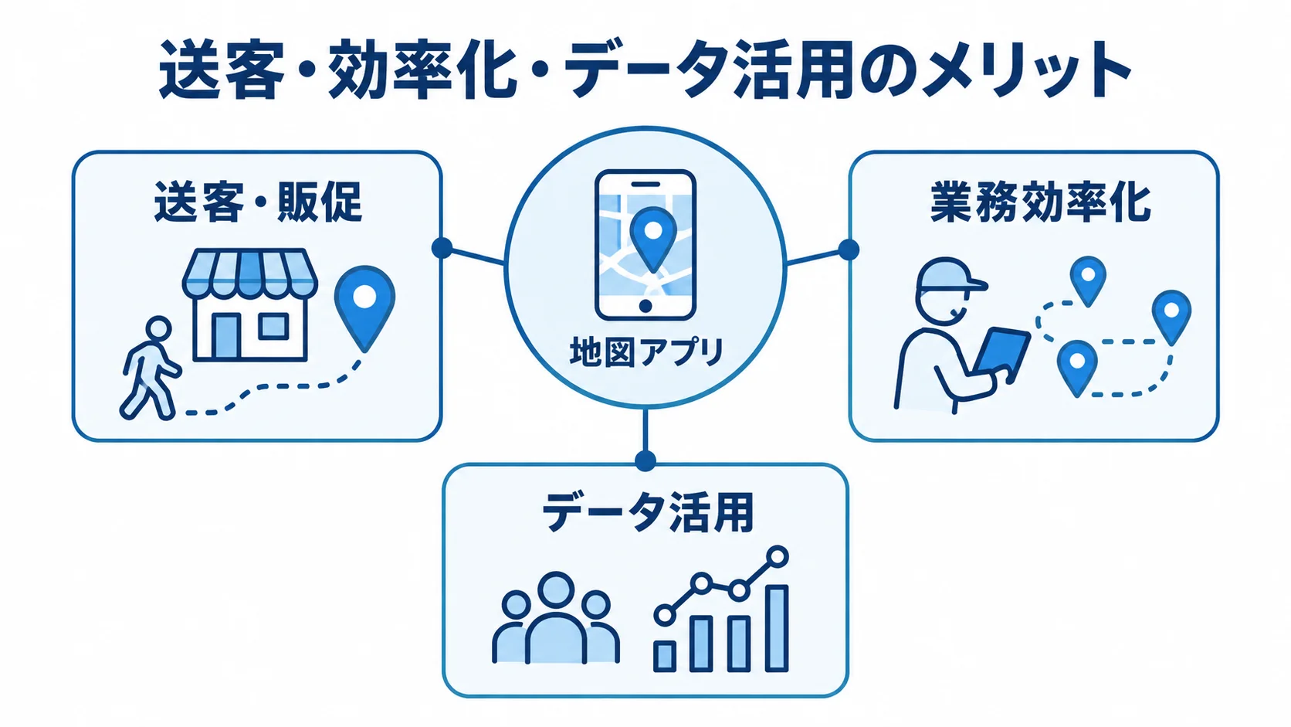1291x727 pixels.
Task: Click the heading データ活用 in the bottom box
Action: click(647, 512)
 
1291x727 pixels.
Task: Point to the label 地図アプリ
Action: click(645, 352)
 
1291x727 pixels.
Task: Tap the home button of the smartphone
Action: click(645, 306)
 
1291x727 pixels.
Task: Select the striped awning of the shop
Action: click(249, 273)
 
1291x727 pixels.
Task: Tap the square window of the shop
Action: click(273, 326)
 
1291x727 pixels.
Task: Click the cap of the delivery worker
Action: click(949, 274)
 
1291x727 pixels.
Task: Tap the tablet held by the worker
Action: click(1001, 354)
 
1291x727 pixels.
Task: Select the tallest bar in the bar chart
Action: click(776, 628)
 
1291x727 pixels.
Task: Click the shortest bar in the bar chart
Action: click(665, 656)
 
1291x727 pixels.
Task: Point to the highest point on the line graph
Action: click(778, 556)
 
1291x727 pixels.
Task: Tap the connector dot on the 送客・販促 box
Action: click(442, 248)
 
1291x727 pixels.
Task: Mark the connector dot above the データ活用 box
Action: click(645, 460)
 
